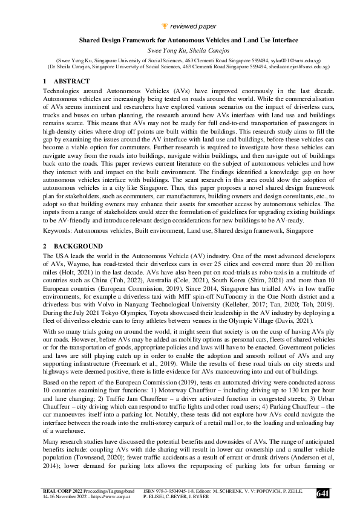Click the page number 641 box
click(323, 494)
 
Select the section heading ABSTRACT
click(71, 81)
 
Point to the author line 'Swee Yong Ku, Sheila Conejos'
click(180, 50)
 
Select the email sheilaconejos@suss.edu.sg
click(286, 68)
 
